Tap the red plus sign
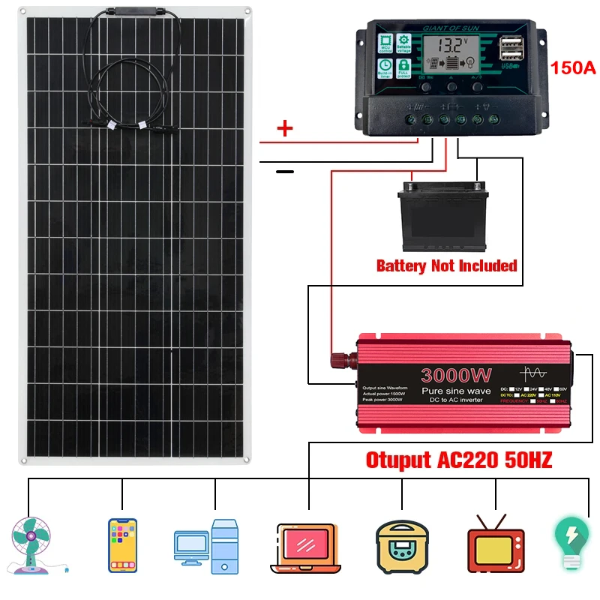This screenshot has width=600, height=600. [x=285, y=129]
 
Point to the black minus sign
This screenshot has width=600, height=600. [x=285, y=172]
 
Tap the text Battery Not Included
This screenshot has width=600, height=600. [x=446, y=265]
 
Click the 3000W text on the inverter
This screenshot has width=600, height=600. [x=456, y=375]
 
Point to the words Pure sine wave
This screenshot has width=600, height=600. [x=456, y=391]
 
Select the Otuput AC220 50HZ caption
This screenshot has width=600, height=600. [x=458, y=460]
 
